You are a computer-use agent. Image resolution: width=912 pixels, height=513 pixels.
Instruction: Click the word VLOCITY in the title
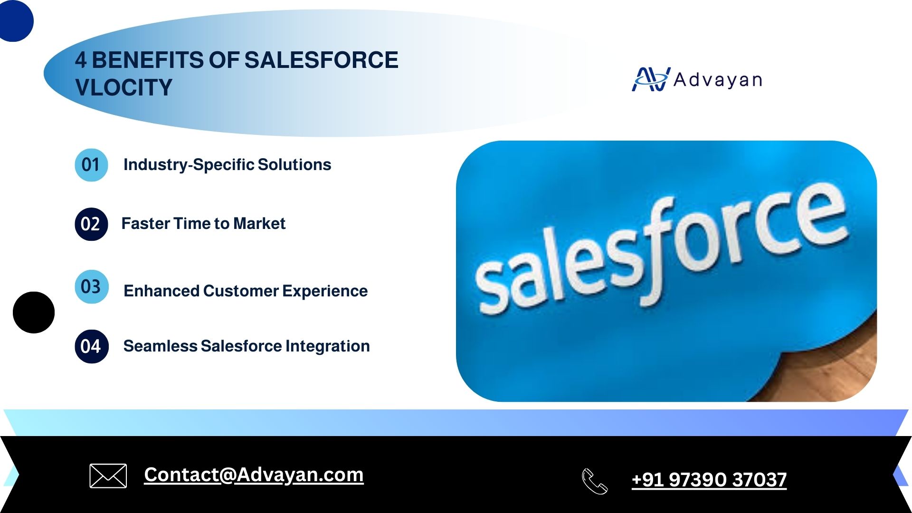123,87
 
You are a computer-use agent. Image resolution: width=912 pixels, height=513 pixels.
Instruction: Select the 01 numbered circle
91,165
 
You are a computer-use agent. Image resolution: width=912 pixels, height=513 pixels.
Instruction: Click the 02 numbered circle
91,224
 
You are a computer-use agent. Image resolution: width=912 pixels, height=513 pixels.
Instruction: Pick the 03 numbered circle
92,287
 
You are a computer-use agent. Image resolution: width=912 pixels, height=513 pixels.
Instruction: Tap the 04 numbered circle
92,346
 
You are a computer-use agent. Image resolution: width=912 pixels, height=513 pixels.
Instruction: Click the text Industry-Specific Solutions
227,165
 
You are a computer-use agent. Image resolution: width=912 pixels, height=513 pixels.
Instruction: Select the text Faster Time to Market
203,223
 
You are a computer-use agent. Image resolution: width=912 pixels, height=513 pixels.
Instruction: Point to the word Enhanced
161,291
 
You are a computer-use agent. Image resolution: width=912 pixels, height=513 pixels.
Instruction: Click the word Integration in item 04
328,346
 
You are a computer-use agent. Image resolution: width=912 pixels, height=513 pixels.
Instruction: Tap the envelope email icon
108,475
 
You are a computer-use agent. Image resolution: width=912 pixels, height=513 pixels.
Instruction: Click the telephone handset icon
595,481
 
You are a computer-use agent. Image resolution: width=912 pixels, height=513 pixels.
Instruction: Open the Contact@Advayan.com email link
254,475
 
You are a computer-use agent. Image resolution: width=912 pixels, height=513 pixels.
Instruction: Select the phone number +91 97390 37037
709,480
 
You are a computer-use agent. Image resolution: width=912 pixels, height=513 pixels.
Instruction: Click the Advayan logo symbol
651,79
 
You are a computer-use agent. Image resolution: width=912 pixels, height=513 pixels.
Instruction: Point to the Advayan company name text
718,80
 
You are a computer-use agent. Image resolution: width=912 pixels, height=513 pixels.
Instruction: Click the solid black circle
34,313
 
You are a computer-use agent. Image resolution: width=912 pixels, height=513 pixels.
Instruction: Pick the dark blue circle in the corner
15,20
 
